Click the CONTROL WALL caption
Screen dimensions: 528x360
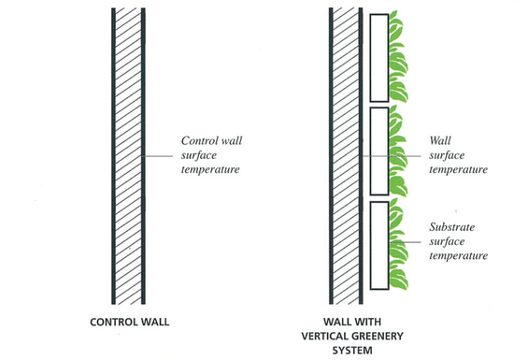[x=130, y=322]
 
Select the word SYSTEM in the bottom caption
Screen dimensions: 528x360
[x=352, y=351]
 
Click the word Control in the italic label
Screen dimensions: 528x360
[x=198, y=140]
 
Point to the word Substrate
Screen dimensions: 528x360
[x=452, y=227]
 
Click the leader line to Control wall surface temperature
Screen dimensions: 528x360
[x=157, y=156]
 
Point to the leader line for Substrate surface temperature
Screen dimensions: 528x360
[x=406, y=242]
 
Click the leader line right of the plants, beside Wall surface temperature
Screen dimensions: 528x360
[x=415, y=156]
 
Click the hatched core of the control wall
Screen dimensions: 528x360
[x=128, y=156]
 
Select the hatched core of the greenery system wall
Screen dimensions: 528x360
[x=346, y=156]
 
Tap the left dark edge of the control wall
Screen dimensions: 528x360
[x=113, y=156]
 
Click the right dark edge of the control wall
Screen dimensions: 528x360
[x=144, y=156]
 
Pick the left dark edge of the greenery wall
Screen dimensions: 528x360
[x=331, y=156]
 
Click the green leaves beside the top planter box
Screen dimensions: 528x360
[x=398, y=57]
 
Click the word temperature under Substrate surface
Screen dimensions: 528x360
[x=458, y=256]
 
